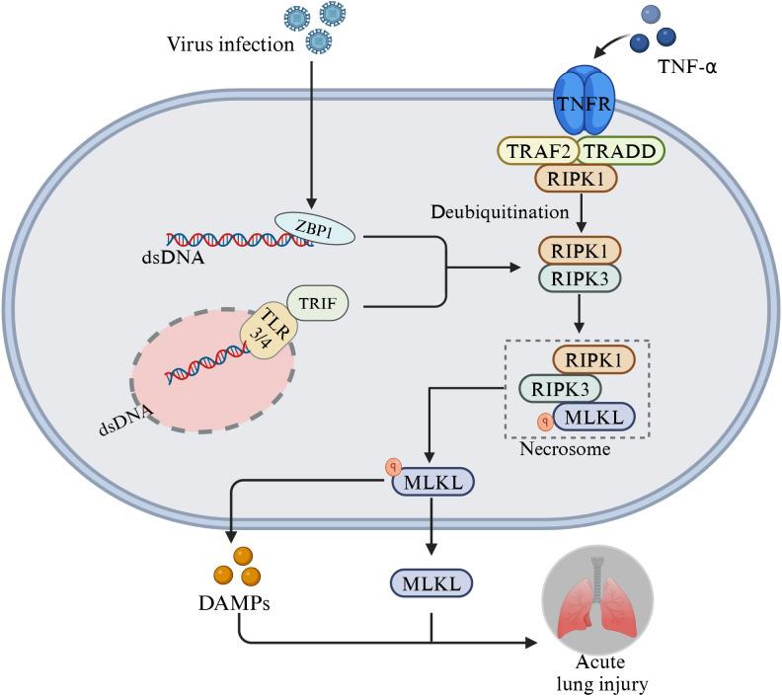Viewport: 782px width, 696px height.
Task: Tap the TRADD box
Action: (x=620, y=149)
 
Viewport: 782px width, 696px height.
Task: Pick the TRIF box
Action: (x=317, y=301)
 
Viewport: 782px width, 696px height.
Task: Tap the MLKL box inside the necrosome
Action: (x=594, y=418)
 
